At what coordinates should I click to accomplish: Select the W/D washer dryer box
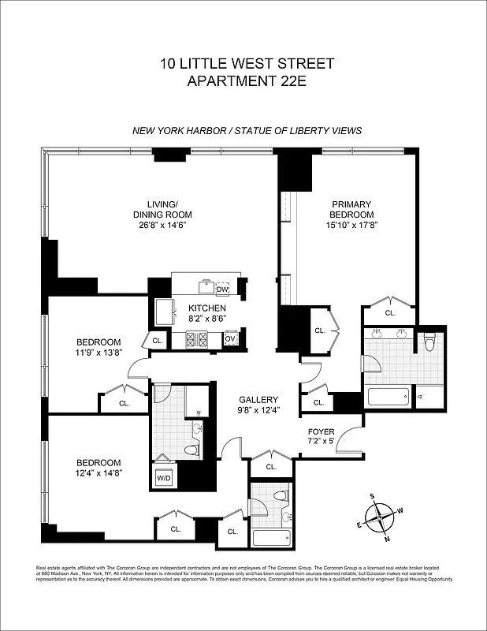[165, 478]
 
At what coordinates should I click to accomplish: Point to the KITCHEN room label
[207, 308]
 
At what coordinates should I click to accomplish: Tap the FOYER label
[322, 431]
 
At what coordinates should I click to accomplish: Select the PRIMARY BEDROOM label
[351, 209]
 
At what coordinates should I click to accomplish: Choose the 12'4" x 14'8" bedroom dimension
[99, 473]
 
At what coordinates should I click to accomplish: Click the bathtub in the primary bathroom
[387, 395]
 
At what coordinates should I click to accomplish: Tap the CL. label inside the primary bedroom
[390, 312]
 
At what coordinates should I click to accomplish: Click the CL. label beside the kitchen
[157, 341]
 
